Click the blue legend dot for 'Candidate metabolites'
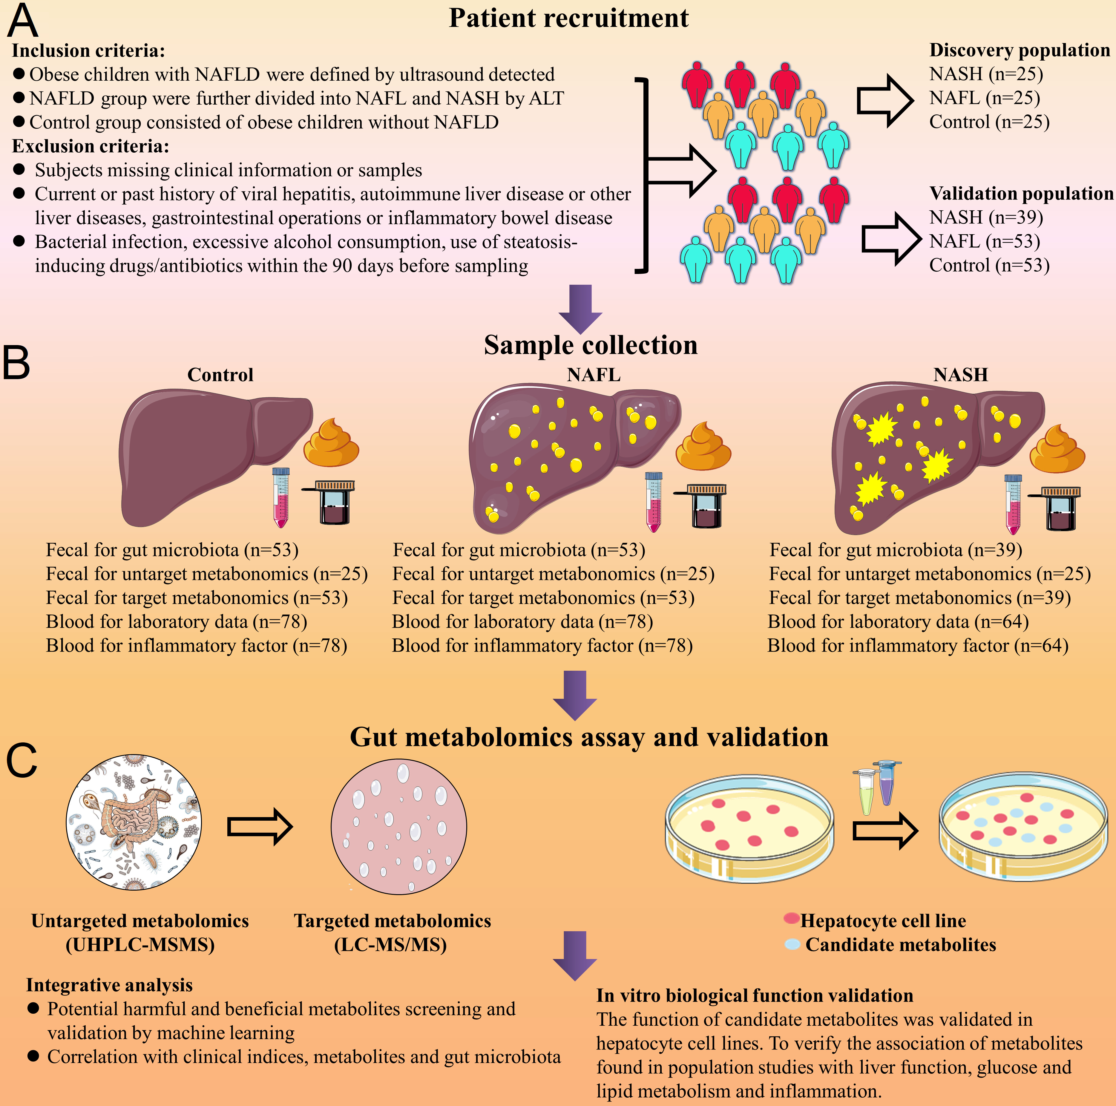pos(792,944)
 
